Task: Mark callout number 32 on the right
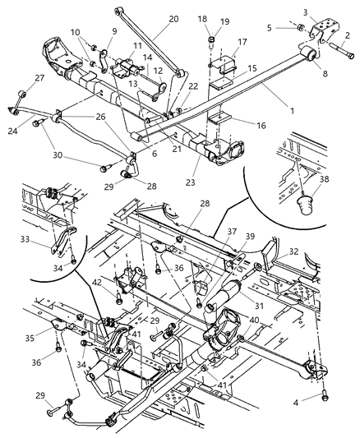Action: (294, 254)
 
